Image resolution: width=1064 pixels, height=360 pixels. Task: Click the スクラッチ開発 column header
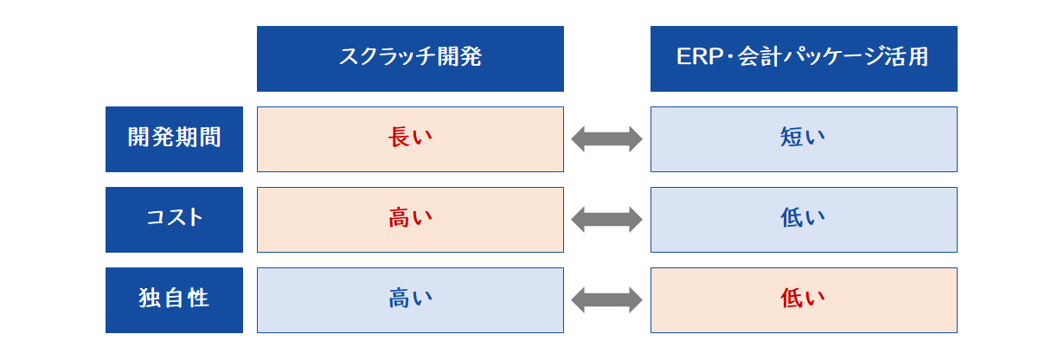click(x=410, y=59)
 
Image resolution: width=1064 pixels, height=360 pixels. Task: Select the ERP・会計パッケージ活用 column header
click(x=804, y=59)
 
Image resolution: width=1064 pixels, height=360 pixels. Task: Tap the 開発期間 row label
click(x=175, y=139)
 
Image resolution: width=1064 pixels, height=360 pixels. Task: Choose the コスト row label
click(x=175, y=220)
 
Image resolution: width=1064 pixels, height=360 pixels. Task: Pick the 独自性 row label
click(x=175, y=300)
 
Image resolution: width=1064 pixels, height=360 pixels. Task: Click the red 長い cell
click(x=410, y=139)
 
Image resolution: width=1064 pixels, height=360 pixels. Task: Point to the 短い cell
click(x=804, y=139)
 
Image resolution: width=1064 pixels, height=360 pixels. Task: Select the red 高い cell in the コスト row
click(x=410, y=220)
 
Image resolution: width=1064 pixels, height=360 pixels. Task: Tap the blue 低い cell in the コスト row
click(x=804, y=220)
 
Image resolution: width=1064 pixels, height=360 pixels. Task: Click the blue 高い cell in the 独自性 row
click(x=410, y=300)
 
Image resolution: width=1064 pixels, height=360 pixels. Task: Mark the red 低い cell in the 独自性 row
click(x=804, y=300)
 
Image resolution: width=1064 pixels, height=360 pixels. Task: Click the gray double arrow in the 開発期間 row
click(x=606, y=139)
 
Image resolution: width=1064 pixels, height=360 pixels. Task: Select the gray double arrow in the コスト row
click(x=606, y=220)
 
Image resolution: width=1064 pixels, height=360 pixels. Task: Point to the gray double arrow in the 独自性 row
click(x=606, y=300)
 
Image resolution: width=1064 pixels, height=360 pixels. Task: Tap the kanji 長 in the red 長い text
click(x=399, y=138)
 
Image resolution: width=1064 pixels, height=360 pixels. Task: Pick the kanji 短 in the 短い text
click(x=792, y=138)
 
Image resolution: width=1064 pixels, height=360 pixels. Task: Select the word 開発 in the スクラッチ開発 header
click(x=459, y=56)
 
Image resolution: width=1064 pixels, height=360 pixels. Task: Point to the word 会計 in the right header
click(x=760, y=56)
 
